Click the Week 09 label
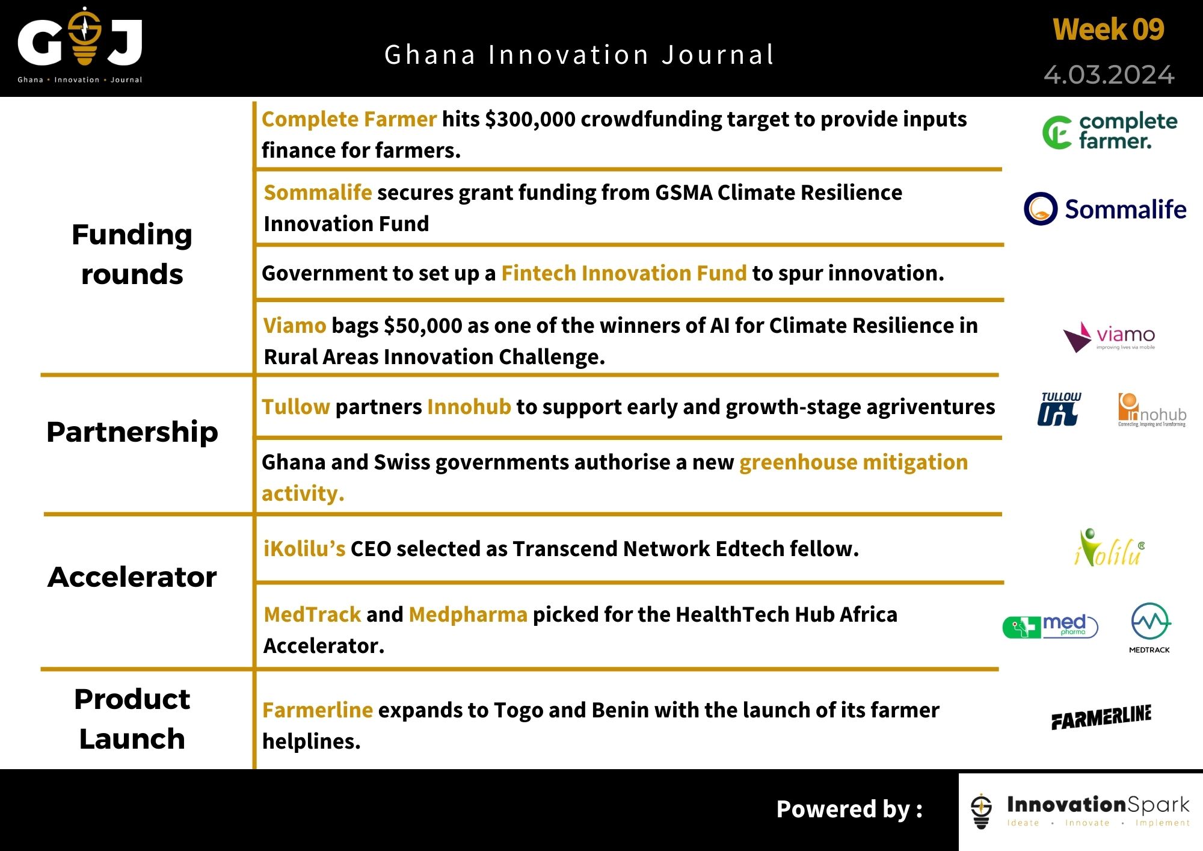[1108, 29]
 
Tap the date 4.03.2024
[1109, 75]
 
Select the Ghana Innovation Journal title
[579, 55]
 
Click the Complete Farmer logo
[1110, 131]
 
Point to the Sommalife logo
[1105, 209]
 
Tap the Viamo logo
[1109, 336]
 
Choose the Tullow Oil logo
[1059, 409]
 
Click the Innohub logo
[1151, 410]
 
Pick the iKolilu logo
[1109, 548]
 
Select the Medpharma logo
[1050, 627]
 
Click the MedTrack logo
[1150, 628]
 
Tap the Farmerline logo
[1101, 716]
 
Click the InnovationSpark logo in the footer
[1080, 811]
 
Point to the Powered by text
[849, 809]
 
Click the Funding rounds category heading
[132, 254]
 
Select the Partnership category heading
[132, 432]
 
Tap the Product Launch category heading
[132, 719]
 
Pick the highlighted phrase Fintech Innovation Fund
[624, 273]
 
